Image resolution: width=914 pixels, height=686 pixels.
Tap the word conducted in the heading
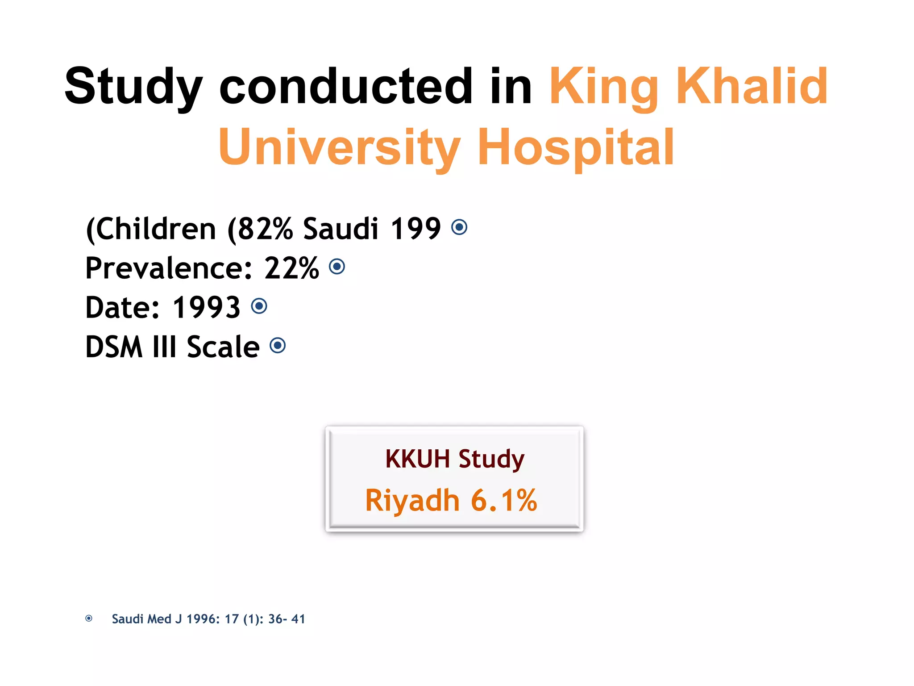click(345, 86)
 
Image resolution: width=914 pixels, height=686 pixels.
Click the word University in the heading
click(339, 147)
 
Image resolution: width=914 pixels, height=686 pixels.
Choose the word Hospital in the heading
click(576, 147)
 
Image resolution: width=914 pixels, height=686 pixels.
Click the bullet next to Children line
click(459, 227)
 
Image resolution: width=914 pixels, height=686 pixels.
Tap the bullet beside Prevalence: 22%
click(337, 267)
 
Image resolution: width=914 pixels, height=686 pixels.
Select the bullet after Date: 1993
click(259, 306)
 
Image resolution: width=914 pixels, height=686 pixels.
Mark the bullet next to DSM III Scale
click(278, 345)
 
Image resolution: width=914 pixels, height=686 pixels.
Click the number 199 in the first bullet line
click(415, 229)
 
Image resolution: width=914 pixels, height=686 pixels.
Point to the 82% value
click(265, 229)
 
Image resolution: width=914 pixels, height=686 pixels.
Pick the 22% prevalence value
click(292, 268)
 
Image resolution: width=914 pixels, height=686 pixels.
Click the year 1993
click(207, 307)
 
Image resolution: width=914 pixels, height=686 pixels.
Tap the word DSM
click(114, 347)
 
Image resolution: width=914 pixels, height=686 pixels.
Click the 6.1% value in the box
click(504, 500)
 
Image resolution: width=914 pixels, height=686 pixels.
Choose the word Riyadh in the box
click(412, 500)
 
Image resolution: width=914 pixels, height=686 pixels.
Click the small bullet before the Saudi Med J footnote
click(89, 619)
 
